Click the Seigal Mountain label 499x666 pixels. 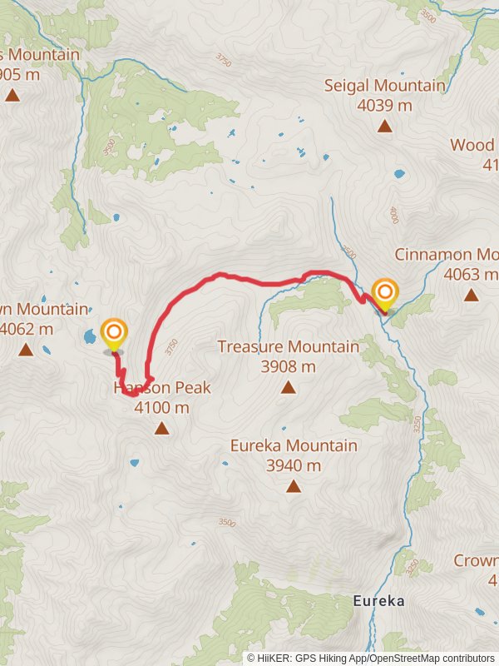[x=384, y=86]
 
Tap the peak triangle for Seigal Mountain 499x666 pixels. [x=384, y=126]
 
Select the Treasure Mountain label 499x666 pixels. [x=288, y=347]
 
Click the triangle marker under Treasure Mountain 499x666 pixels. [x=288, y=387]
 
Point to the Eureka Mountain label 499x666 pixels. [x=294, y=446]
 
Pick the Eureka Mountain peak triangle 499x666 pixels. [x=294, y=486]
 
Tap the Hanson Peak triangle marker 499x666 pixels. [x=161, y=429]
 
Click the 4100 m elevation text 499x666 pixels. [x=162, y=408]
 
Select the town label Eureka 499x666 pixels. [x=378, y=600]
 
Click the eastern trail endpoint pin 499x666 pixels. [x=385, y=294]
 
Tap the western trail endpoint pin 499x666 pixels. [x=114, y=335]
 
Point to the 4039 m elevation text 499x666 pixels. [x=384, y=106]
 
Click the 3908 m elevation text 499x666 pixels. [x=288, y=367]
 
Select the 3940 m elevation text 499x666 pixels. [x=294, y=466]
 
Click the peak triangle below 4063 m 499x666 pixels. [x=472, y=295]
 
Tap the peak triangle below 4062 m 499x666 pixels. [x=26, y=349]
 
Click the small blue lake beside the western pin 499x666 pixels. [x=88, y=337]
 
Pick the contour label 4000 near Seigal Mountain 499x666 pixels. [x=393, y=215]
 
